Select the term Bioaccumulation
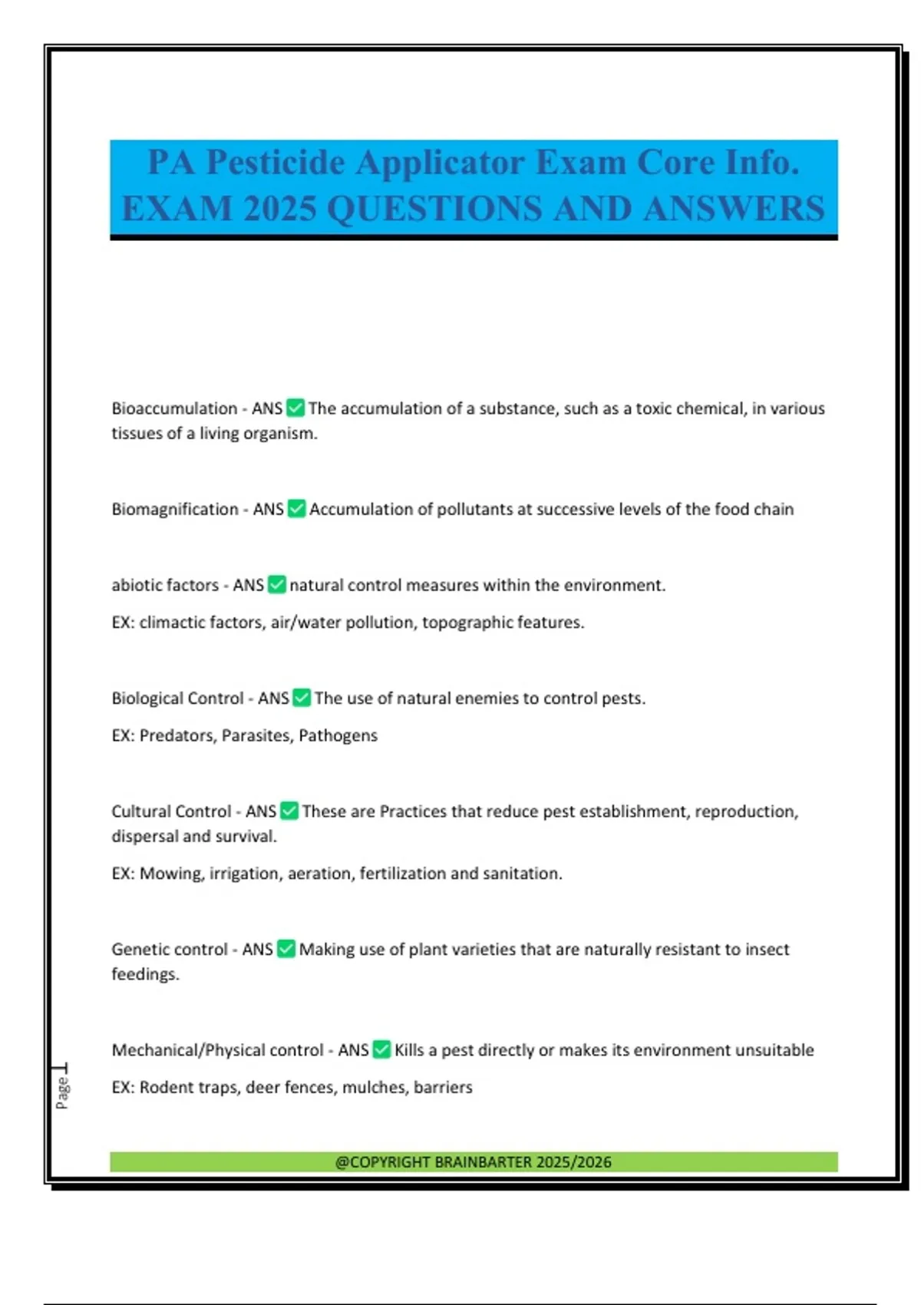[x=174, y=408]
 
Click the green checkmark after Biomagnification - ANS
[x=296, y=509]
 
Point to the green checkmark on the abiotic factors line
[x=277, y=585]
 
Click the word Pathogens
[x=338, y=735]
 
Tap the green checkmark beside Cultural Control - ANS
[x=289, y=811]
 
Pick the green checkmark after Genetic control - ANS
[x=286, y=950]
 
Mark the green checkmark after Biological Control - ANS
[x=302, y=699]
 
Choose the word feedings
[x=145, y=974]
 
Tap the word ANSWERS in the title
[x=734, y=209]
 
